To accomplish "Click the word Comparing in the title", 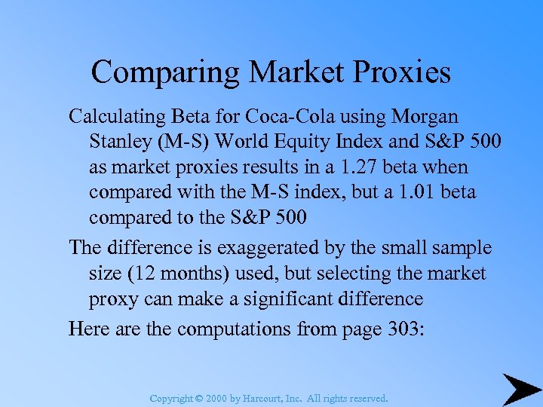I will (x=165, y=72).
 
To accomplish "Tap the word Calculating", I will (x=114, y=117).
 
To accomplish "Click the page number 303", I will (x=404, y=329).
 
